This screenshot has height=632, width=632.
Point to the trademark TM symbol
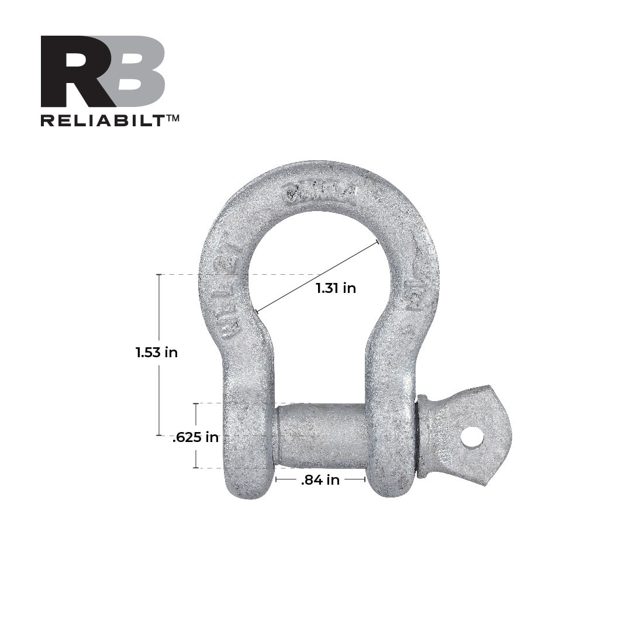pyautogui.click(x=173, y=118)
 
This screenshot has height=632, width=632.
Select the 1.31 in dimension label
pyautogui.click(x=336, y=288)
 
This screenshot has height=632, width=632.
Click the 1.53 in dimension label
pyautogui.click(x=156, y=353)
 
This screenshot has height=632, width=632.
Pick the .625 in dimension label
pyautogui.click(x=196, y=437)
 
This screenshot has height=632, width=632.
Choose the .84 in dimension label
pyautogui.click(x=320, y=480)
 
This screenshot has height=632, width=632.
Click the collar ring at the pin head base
pyautogui.click(x=421, y=436)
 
